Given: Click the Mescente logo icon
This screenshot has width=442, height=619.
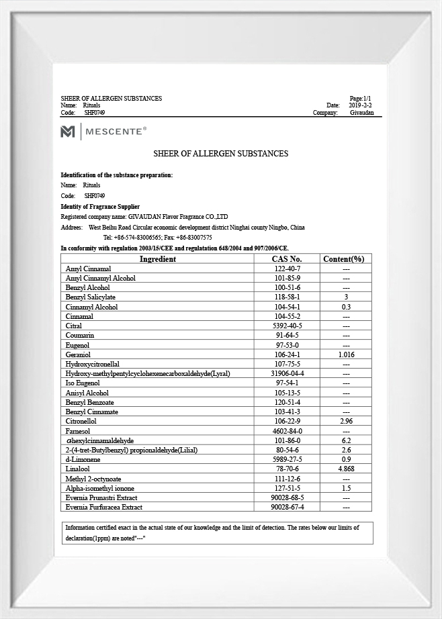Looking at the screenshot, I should (68, 132).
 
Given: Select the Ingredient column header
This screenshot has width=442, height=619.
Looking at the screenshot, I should (158, 259).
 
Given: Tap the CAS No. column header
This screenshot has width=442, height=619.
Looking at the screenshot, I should (287, 259).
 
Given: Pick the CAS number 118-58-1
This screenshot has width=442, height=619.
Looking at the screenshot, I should (287, 297).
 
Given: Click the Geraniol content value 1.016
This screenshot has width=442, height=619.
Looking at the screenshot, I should (346, 354).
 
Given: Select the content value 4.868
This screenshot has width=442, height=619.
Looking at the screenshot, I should (346, 469).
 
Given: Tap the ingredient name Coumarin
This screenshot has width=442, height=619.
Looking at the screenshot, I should (80, 335).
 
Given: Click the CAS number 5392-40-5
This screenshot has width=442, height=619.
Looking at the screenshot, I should (287, 326).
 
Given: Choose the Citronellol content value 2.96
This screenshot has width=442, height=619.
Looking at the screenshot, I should (346, 421).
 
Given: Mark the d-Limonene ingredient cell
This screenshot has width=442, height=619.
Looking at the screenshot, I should (83, 459).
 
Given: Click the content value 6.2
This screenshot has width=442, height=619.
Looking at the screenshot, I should (346, 440).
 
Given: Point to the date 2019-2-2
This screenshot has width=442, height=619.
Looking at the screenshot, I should (360, 105).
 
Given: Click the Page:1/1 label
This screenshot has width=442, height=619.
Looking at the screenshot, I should (360, 99).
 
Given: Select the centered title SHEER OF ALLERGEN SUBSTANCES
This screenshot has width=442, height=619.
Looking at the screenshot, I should (221, 154).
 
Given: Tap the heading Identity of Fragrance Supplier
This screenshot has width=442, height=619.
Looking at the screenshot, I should (100, 206).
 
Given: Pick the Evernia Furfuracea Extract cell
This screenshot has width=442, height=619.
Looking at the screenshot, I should (103, 507).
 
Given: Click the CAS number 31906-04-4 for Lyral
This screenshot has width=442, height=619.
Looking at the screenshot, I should (287, 373).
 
